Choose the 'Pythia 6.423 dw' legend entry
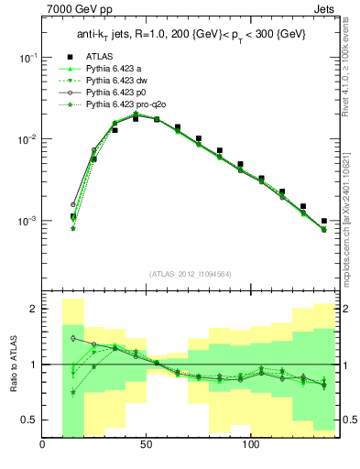118,81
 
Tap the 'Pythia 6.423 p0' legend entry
118,93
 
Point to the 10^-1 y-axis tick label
27,57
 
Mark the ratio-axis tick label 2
33,310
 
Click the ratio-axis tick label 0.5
30,420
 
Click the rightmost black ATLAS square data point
324,221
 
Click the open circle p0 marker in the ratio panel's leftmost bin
72,338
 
